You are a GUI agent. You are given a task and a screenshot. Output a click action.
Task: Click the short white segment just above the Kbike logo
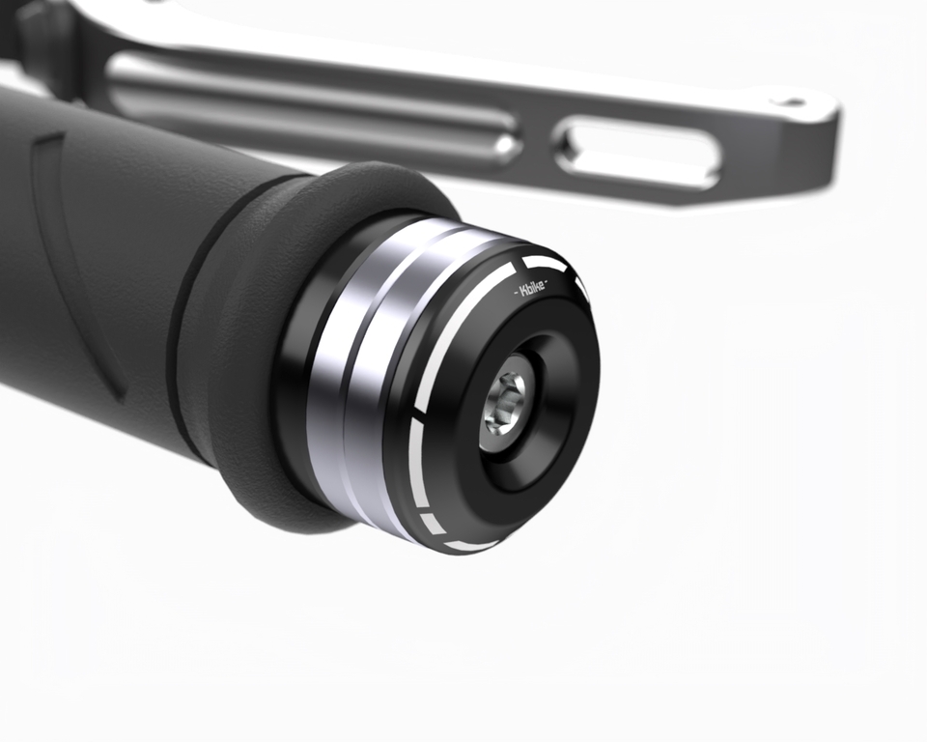point(543,262)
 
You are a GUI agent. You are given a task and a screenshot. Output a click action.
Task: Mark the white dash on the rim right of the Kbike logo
point(580,287)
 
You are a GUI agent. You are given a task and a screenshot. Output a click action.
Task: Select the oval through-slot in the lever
point(637,152)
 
